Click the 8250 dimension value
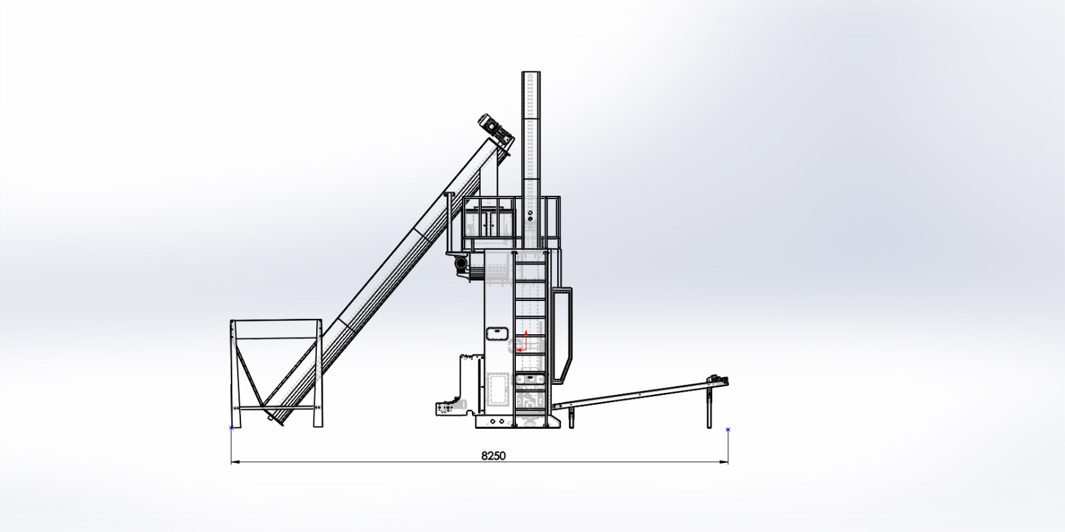coord(493,455)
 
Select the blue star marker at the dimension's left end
coord(232,428)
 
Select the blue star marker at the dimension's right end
coord(728,429)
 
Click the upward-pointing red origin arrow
coord(526,340)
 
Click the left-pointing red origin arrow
coord(522,350)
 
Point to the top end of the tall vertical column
coord(531,73)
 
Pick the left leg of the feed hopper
coord(236,374)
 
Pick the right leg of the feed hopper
coord(317,374)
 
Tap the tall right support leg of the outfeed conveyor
coord(710,406)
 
